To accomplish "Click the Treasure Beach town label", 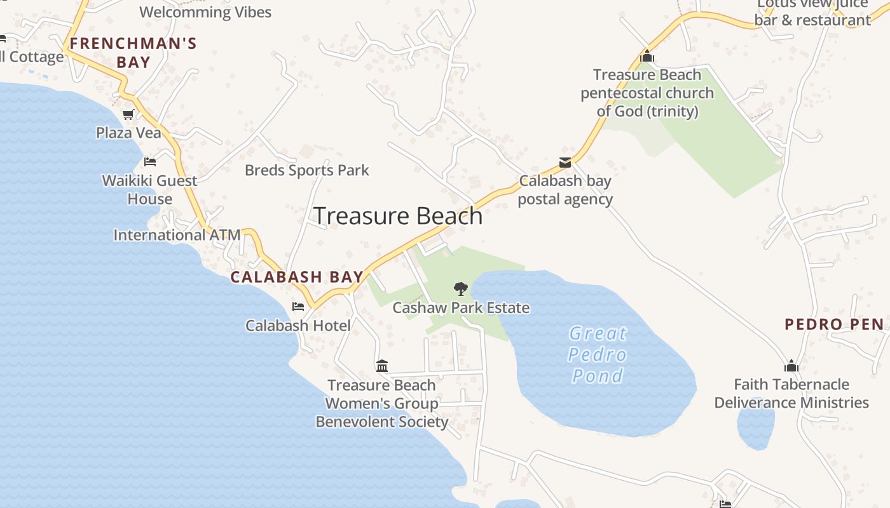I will click(x=398, y=217).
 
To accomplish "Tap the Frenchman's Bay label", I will click(x=133, y=53).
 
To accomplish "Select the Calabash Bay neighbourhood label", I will click(x=297, y=277).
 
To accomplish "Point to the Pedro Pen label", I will click(x=834, y=324).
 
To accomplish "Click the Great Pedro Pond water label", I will click(x=598, y=354).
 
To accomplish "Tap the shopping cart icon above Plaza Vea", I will click(x=128, y=115).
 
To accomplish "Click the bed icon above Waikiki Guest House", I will click(x=150, y=162).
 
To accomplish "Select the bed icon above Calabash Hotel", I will click(x=298, y=307).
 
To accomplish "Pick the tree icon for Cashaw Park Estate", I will click(x=460, y=290).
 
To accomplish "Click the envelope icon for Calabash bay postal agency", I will click(x=565, y=163).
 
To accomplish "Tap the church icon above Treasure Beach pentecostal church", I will click(x=647, y=57).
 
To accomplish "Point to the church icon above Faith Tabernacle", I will click(x=791, y=366).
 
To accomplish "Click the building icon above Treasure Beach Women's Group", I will click(x=382, y=366).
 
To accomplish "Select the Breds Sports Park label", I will click(x=306, y=170).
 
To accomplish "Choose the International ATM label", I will click(x=177, y=235).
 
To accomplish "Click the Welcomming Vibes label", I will click(x=205, y=12).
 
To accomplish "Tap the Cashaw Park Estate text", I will click(x=461, y=308).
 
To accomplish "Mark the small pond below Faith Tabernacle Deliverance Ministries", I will click(x=755, y=425).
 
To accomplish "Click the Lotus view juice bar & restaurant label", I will click(x=812, y=13).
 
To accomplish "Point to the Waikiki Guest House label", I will click(x=150, y=189).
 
